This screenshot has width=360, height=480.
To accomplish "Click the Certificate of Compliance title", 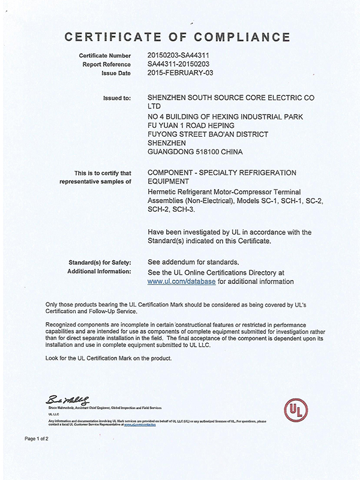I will (180, 38).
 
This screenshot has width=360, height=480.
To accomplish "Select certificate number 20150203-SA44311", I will (182, 56).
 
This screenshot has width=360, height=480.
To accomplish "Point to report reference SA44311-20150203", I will (182, 64).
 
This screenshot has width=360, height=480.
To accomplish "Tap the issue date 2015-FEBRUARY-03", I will (181, 73).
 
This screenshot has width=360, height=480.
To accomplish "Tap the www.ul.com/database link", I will (181, 280).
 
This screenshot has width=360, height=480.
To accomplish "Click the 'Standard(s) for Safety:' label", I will (101, 262).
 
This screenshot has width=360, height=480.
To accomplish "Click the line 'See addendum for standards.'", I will (193, 262).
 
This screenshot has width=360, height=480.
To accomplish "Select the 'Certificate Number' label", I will (105, 56).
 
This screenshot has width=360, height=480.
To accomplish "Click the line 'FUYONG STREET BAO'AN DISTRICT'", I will (208, 134).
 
